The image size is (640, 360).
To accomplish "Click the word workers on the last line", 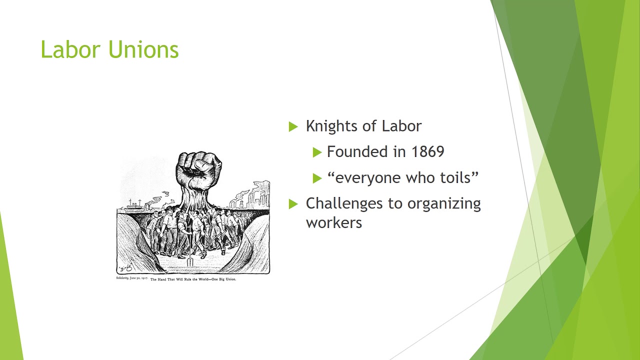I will click(x=334, y=222).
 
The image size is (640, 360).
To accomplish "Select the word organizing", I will click(x=444, y=203).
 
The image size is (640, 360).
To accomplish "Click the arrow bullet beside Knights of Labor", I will click(x=293, y=126).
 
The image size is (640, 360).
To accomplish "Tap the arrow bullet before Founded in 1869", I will click(x=317, y=152).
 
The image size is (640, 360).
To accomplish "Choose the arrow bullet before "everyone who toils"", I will click(x=317, y=178).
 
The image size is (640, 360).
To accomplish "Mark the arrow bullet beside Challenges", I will click(x=293, y=204).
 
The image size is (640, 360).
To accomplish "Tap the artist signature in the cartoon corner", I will click(x=125, y=267).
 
